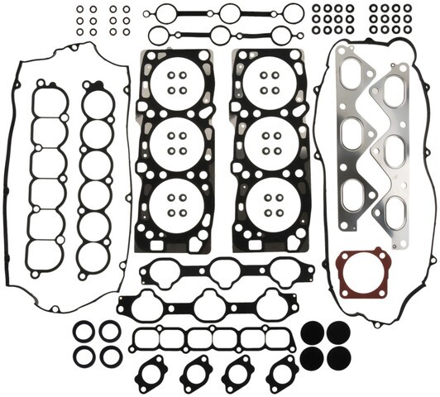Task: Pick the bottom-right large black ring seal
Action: coord(110,356)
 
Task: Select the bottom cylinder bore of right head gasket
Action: coord(270,200)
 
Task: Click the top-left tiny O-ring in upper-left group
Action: coord(79,11)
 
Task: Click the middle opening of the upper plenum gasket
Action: coord(223,270)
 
